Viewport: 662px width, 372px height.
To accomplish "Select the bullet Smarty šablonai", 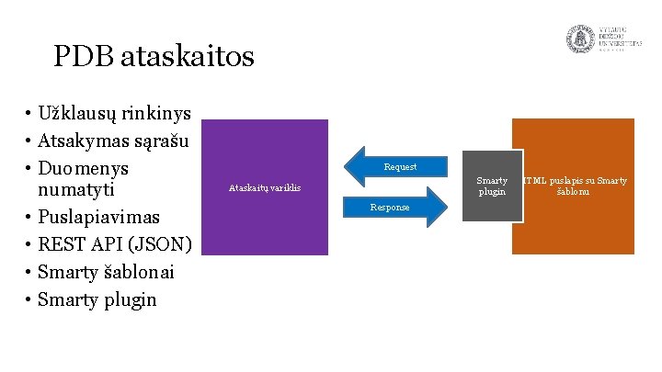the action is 108,273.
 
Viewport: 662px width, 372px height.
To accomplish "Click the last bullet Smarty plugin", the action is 97,300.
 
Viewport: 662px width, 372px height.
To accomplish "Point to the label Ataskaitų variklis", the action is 265,188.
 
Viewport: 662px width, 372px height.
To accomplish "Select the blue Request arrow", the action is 397,166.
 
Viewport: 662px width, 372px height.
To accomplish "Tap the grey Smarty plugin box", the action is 491,186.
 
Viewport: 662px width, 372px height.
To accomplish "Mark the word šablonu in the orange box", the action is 574,192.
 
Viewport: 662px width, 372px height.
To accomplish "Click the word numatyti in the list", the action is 76,191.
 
